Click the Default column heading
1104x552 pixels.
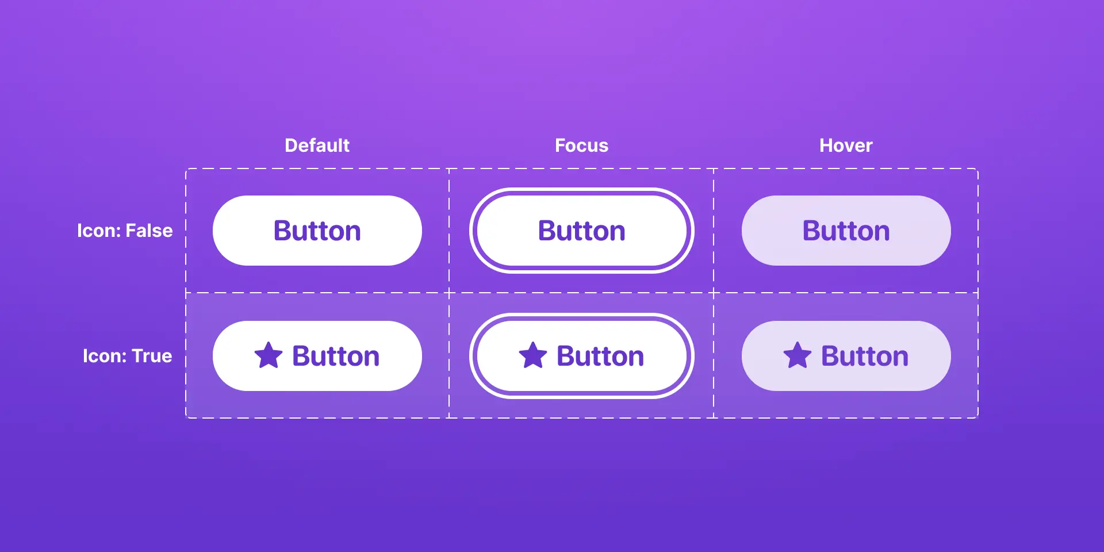tap(317, 145)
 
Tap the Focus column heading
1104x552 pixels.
tap(581, 145)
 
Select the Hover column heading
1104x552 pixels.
tap(846, 145)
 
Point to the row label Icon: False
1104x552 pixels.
tap(125, 231)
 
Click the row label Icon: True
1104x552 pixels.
tap(127, 356)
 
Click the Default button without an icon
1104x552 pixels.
tap(317, 231)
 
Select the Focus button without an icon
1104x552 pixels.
tap(582, 231)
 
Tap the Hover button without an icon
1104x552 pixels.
tap(846, 231)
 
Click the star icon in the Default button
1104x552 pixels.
tap(269, 355)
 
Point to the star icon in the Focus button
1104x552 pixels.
tap(533, 355)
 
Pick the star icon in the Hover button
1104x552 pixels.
tap(798, 355)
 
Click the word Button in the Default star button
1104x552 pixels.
tap(336, 356)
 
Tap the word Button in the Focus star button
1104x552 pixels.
tap(600, 356)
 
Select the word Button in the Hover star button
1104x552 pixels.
tap(865, 356)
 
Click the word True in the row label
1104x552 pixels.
tap(152, 356)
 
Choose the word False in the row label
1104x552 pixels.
tap(149, 231)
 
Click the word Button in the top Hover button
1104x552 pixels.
tap(846, 231)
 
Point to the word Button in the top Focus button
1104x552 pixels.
tap(582, 231)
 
